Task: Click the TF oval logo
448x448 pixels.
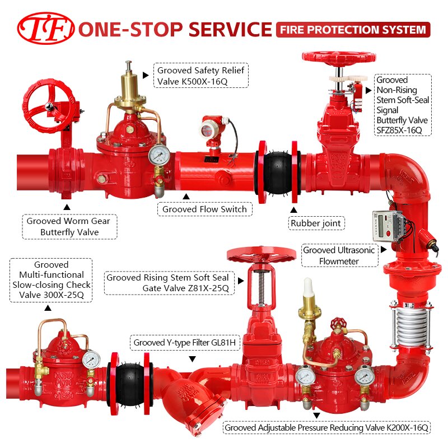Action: tap(46, 29)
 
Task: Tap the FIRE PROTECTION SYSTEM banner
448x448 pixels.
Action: tap(353, 30)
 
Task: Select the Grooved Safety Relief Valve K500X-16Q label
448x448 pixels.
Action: tap(201, 76)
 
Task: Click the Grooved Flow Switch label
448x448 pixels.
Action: tap(204, 209)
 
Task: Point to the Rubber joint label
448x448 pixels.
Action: tap(316, 223)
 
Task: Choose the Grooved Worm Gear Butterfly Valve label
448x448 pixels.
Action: tap(69, 227)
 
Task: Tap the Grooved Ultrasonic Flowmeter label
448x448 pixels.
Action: tap(339, 255)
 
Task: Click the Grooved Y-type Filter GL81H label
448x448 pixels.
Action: tap(185, 342)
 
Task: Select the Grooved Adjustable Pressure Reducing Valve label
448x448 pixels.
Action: tap(326, 427)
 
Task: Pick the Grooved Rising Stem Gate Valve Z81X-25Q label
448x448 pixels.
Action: tap(169, 283)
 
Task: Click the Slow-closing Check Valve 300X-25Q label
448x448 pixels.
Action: tap(51, 280)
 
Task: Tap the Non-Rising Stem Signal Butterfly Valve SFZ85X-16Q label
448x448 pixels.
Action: tap(403, 105)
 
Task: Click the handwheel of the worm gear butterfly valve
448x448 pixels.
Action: tap(49, 106)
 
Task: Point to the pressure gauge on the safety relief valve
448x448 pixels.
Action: tap(159, 155)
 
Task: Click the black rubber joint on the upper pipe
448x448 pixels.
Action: tap(278, 172)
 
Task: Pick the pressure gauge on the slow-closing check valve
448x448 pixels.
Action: tap(91, 360)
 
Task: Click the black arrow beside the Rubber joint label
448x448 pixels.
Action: tap(293, 210)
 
